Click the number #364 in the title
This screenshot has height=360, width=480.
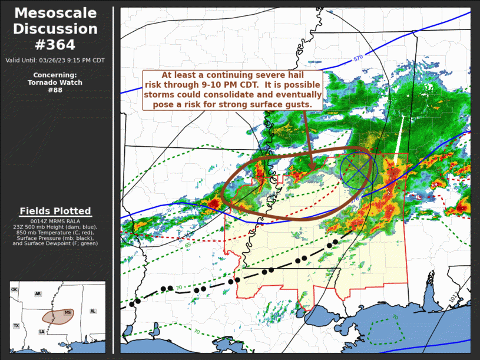[x=55, y=44]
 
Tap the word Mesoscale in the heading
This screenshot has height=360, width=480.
[x=55, y=13]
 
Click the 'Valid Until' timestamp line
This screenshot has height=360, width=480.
[x=55, y=60]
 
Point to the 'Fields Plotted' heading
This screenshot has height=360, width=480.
[x=55, y=211]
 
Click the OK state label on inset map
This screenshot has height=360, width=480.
[x=14, y=290]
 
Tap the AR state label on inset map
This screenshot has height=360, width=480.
[x=38, y=293]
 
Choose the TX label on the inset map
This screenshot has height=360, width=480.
[x=16, y=325]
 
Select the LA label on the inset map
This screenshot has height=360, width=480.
[x=42, y=332]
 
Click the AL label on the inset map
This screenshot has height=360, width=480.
[x=92, y=311]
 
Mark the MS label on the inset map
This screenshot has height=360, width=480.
[x=67, y=312]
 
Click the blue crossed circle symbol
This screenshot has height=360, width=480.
[x=358, y=170]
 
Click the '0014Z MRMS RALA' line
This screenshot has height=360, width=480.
[x=55, y=221]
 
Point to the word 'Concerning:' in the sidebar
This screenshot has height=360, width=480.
[x=55, y=75]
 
